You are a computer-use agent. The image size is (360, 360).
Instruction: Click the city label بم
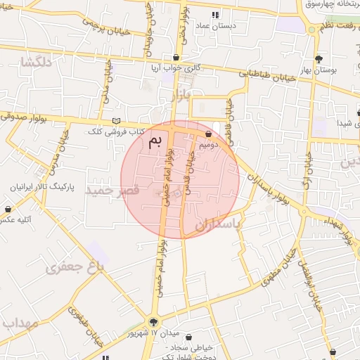click(155, 141)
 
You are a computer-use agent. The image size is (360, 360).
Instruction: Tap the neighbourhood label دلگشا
click(37, 63)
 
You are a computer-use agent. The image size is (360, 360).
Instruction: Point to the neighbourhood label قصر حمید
click(108, 190)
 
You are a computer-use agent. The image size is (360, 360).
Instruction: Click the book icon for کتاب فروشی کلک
click(116, 121)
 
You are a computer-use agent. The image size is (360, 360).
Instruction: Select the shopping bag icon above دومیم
click(209, 134)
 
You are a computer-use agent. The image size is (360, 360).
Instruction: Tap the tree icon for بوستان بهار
click(319, 60)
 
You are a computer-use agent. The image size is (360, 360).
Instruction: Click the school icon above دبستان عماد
click(215, 15)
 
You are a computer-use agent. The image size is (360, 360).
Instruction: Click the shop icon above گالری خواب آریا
click(176, 58)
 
